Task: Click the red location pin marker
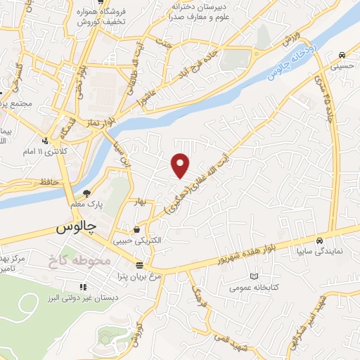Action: [181, 165]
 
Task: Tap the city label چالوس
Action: [75, 228]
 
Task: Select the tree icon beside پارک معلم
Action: [87, 193]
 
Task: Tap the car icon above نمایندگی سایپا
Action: [319, 240]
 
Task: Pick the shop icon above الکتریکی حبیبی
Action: [136, 229]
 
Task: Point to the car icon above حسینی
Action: [341, 55]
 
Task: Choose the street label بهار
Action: [141, 201]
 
